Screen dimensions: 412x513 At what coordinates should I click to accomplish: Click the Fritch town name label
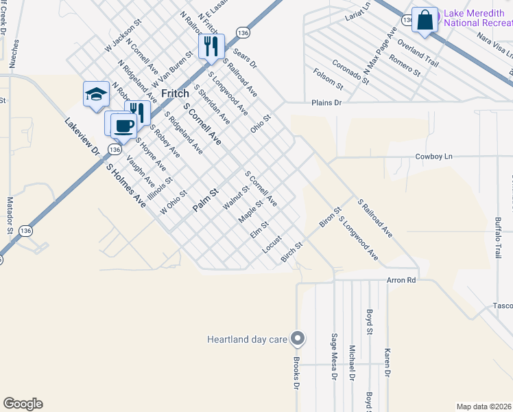175,93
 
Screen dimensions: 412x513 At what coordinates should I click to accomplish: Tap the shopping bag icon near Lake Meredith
425,21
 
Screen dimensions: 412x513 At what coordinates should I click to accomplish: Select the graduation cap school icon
96,95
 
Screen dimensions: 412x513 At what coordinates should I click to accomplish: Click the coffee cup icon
123,125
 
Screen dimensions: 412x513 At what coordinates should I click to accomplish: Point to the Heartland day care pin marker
298,338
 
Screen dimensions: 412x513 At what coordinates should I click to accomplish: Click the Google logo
23,404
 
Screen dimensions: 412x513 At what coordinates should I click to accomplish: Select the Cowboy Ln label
434,157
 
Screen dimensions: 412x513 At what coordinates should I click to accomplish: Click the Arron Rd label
401,280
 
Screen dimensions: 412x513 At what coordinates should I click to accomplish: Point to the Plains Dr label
326,102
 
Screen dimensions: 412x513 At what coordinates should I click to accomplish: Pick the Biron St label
330,218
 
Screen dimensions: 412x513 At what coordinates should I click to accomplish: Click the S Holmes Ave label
126,185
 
